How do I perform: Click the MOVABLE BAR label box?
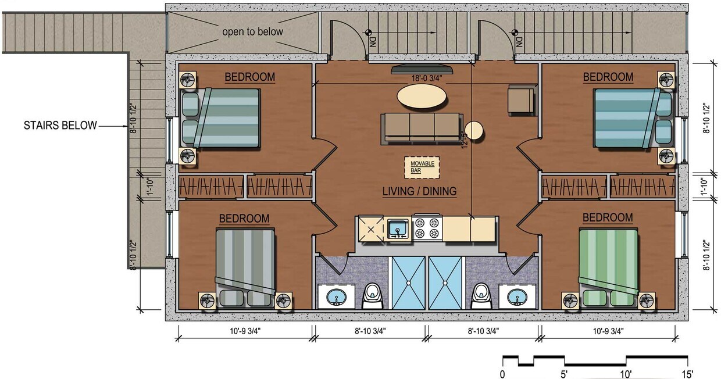tap(422, 167)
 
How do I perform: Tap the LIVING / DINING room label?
tap(419, 191)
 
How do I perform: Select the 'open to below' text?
tap(252, 31)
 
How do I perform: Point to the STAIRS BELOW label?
tap(60, 125)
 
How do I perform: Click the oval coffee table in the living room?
tap(423, 97)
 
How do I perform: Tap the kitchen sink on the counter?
tap(398, 228)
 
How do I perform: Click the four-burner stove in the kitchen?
tap(427, 228)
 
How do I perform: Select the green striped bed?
tap(608, 265)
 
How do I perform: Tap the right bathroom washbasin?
tap(515, 298)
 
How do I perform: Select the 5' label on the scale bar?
tap(564, 373)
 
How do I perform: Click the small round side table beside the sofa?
tap(474, 130)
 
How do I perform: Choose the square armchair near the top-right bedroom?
tap(521, 99)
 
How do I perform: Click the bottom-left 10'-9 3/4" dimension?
tap(245, 332)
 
